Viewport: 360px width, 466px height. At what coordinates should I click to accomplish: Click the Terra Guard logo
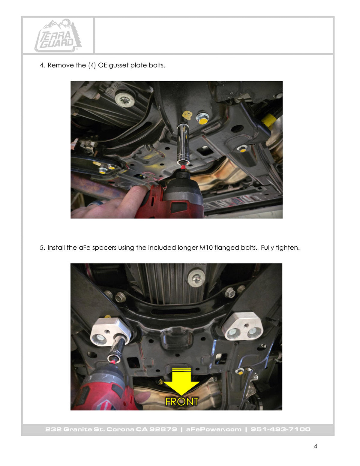(x=58, y=36)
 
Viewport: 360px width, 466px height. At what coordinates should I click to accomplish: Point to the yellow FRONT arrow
(x=181, y=381)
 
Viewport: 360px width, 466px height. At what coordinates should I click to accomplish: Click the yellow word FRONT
(x=182, y=402)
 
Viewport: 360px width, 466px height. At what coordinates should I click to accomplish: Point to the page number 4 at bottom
(x=315, y=446)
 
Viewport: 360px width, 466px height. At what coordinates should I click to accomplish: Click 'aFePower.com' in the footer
(x=214, y=429)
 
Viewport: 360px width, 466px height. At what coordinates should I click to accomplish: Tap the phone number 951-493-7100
(x=280, y=429)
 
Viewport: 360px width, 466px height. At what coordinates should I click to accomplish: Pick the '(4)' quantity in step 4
(x=92, y=65)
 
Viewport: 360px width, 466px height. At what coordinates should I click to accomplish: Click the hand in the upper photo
(x=109, y=203)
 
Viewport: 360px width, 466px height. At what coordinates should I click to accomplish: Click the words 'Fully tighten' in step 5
(x=280, y=248)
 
